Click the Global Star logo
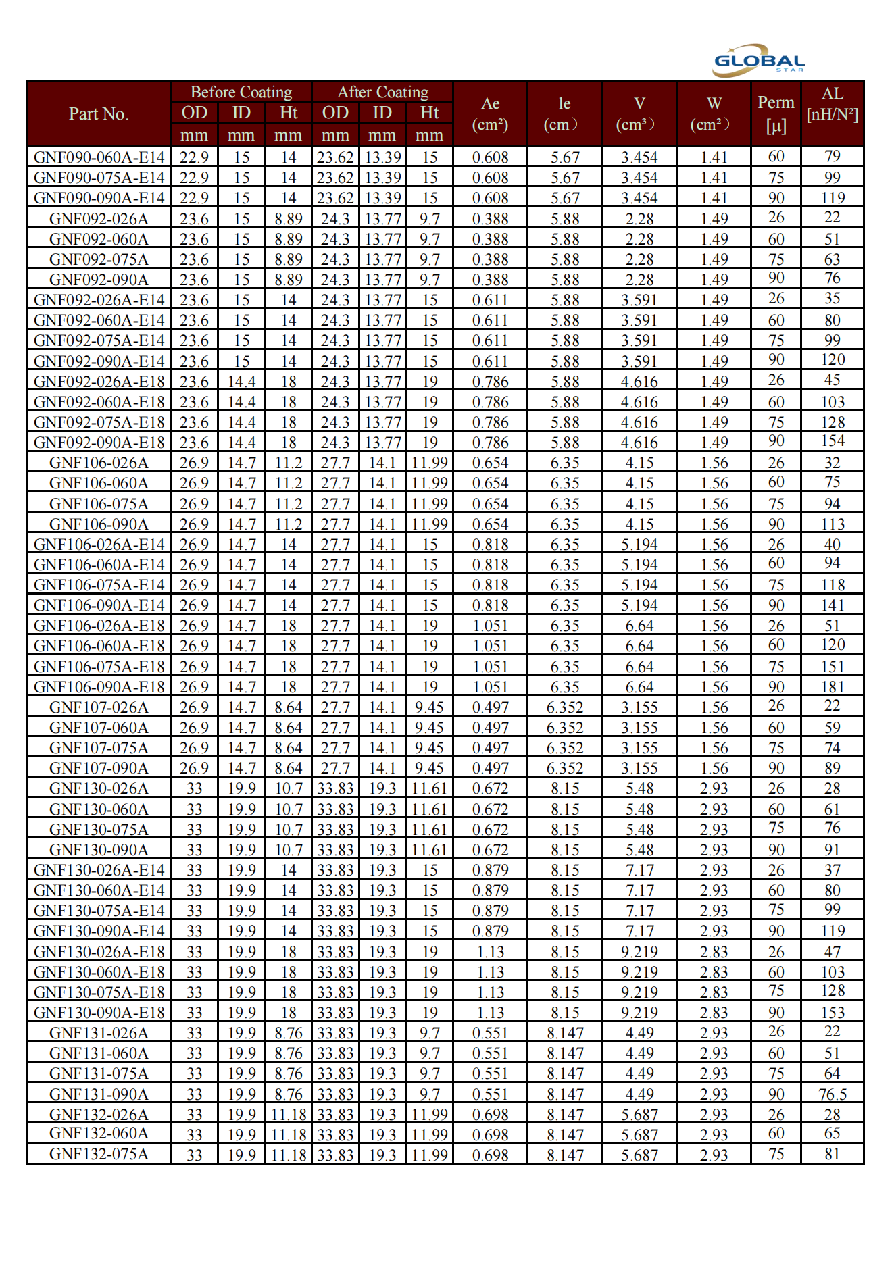pyautogui.click(x=759, y=60)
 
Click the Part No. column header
pyautogui.click(x=99, y=113)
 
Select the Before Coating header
pyautogui.click(x=241, y=92)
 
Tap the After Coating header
pyautogui.click(x=382, y=92)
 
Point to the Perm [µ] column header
pyautogui.click(x=776, y=113)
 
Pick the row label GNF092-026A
pyautogui.click(x=99, y=219)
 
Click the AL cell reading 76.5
pyautogui.click(x=833, y=1094)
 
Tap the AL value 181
pyautogui.click(x=833, y=686)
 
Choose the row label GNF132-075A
pyautogui.click(x=99, y=1154)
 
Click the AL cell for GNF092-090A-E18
pyautogui.click(x=833, y=441)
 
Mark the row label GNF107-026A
pyautogui.click(x=99, y=707)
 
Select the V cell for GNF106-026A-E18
pyautogui.click(x=639, y=626)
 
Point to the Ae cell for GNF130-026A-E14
pyautogui.click(x=491, y=870)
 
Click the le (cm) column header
pyautogui.click(x=565, y=113)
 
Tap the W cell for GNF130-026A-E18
pyautogui.click(x=714, y=951)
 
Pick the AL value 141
pyautogui.click(x=833, y=605)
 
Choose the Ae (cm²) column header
pyautogui.click(x=491, y=113)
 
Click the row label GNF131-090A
pyautogui.click(x=99, y=1094)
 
